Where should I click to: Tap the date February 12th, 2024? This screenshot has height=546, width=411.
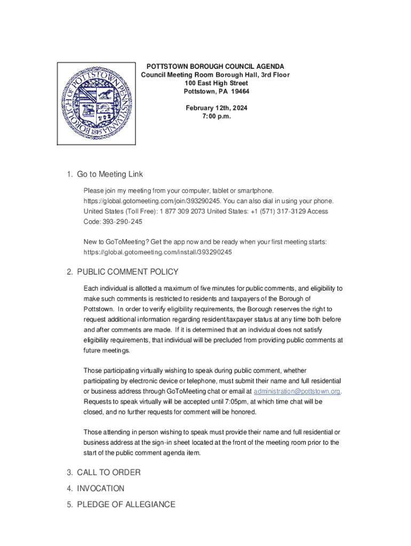click(216, 108)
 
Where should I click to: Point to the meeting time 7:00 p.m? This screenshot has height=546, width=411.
click(216, 116)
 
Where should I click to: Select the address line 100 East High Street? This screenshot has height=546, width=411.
click(216, 83)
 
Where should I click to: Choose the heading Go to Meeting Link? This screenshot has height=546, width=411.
click(109, 174)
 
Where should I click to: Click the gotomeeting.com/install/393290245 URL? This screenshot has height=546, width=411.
click(157, 252)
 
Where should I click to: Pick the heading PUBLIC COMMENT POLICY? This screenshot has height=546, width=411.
click(128, 272)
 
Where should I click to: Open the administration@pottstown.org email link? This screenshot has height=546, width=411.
click(297, 391)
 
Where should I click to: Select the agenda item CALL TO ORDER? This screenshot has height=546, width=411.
click(108, 472)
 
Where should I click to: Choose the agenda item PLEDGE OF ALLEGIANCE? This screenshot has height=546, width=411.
click(126, 504)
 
